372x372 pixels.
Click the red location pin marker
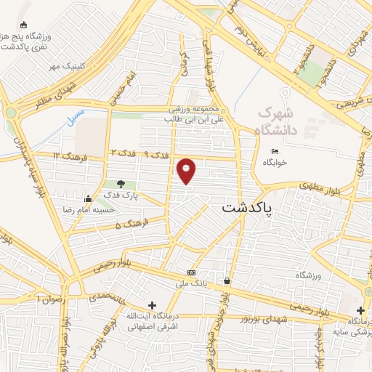pyautogui.click(x=187, y=171)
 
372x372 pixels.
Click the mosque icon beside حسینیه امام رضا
pyautogui.click(x=88, y=198)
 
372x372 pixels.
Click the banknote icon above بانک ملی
pyautogui.click(x=191, y=272)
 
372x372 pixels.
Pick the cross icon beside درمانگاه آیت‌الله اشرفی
pyautogui.click(x=151, y=306)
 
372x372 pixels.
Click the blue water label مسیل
pyautogui.click(x=76, y=116)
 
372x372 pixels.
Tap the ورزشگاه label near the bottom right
pyautogui.click(x=309, y=275)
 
